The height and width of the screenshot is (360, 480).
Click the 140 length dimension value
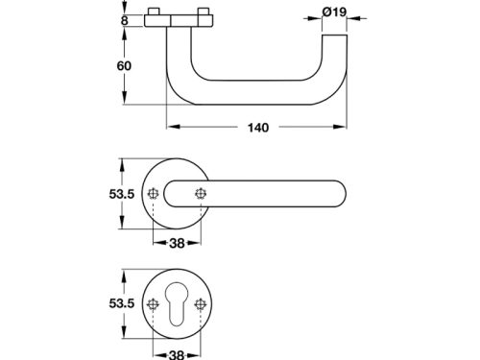click(x=258, y=128)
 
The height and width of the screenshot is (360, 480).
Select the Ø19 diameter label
click(x=334, y=12)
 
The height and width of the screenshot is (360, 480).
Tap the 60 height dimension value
click(x=124, y=66)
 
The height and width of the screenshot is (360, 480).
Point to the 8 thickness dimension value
click(x=125, y=21)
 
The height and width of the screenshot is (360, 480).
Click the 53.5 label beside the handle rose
click(x=122, y=194)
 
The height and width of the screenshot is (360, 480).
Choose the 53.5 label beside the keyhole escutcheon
click(x=122, y=303)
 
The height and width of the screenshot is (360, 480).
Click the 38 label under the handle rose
click(x=177, y=244)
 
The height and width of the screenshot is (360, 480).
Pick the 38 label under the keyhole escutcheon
click(x=177, y=354)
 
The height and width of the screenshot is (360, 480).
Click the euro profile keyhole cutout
click(x=177, y=303)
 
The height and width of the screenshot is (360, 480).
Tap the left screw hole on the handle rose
click(x=154, y=194)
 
